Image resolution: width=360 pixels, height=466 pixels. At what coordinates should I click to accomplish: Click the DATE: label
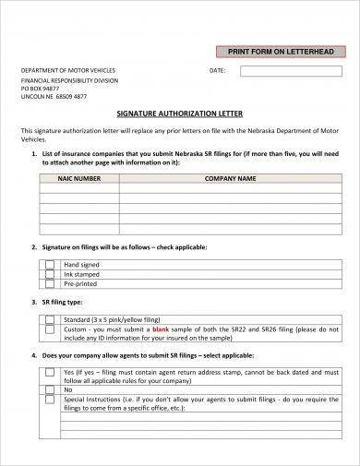(218, 70)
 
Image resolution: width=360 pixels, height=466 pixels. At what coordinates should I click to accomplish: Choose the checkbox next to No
(50, 390)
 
